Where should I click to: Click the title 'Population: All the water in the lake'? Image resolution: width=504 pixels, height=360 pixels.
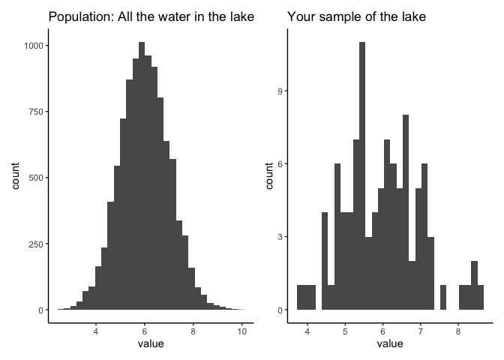(151, 16)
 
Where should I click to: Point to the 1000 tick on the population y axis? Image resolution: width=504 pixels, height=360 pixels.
(33, 46)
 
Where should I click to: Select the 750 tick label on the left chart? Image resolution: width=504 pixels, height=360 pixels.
(35, 112)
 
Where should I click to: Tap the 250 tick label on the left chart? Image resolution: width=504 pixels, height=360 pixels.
(35, 244)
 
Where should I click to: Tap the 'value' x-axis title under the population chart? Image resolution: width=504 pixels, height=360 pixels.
(151, 344)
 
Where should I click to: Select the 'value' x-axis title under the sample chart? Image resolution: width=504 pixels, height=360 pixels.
(389, 344)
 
